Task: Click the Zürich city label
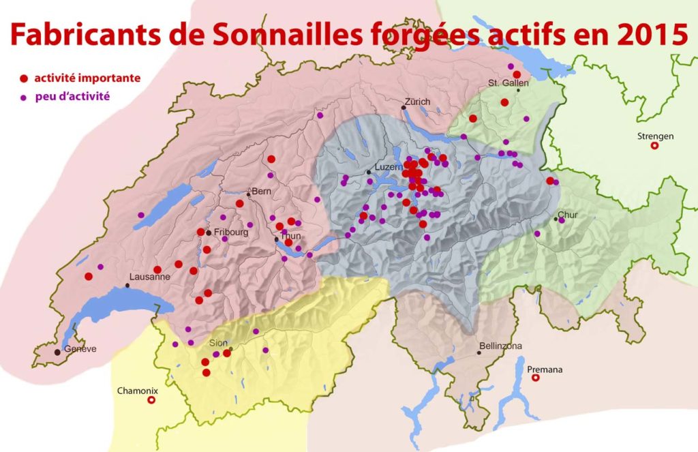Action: pyautogui.click(x=417, y=102)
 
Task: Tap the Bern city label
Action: pyautogui.click(x=262, y=191)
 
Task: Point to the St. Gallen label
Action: pyautogui.click(x=504, y=83)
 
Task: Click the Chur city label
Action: pyautogui.click(x=567, y=215)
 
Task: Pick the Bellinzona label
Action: pyautogui.click(x=500, y=346)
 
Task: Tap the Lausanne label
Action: pyautogui.click(x=149, y=277)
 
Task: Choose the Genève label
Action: pyautogui.click(x=80, y=349)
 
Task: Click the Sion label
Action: pyautogui.click(x=217, y=344)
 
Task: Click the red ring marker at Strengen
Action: pyautogui.click(x=655, y=145)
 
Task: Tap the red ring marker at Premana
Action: pyautogui.click(x=535, y=377)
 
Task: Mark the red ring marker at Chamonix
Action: pyautogui.click(x=151, y=401)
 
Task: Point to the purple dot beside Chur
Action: pyautogui.click(x=561, y=220)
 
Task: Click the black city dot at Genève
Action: pyautogui.click(x=57, y=352)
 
